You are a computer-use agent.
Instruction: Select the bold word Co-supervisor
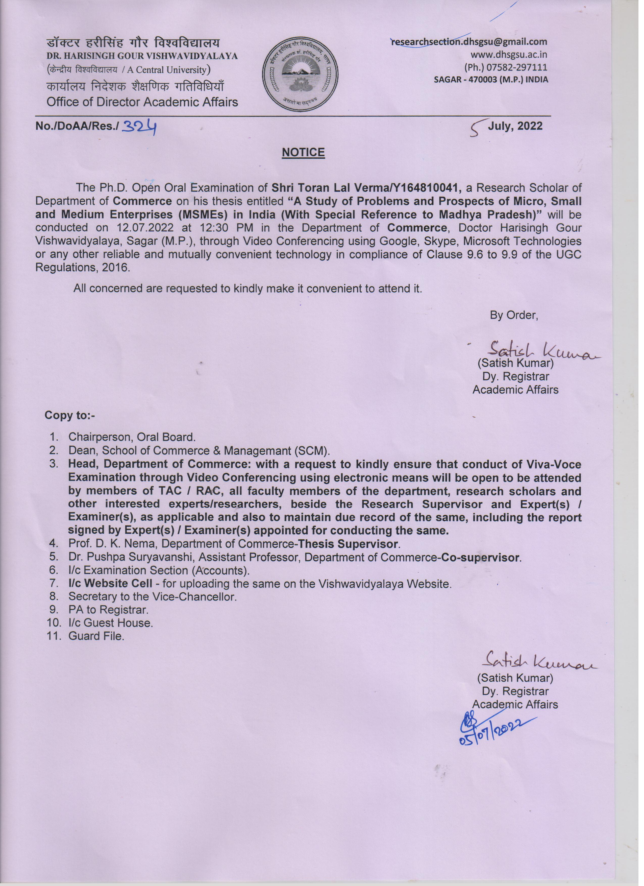click(481, 557)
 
